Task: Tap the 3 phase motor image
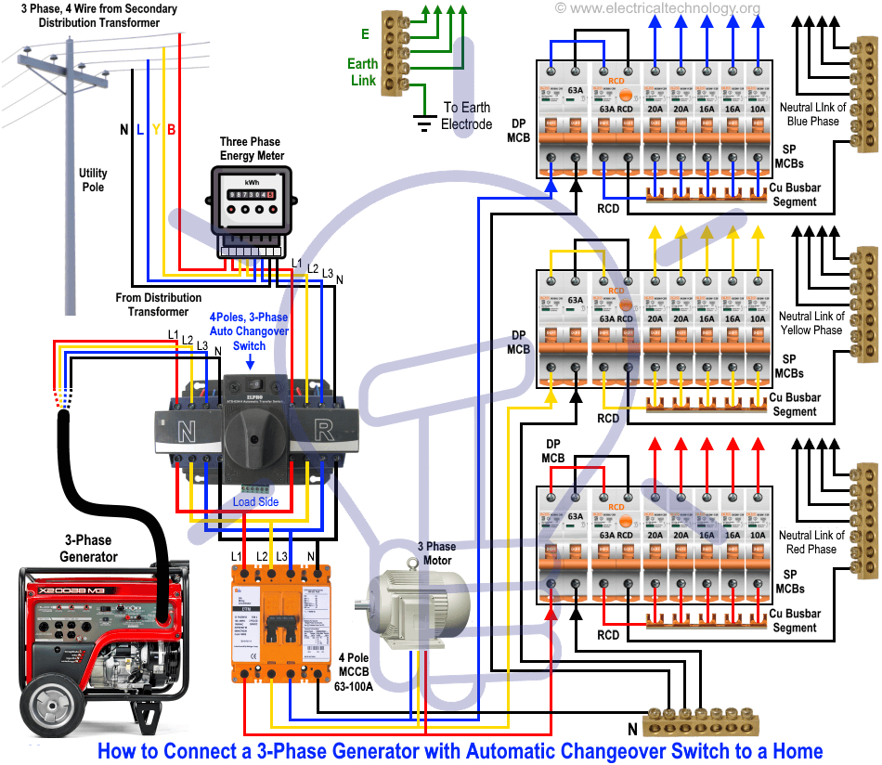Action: [417, 607]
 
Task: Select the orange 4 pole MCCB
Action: [281, 623]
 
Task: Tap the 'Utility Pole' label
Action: [92, 180]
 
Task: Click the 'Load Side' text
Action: [255, 502]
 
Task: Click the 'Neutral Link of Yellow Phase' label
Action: [811, 323]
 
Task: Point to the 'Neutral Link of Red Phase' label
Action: [811, 542]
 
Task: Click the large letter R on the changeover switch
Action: [326, 429]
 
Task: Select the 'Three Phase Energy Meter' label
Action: [252, 149]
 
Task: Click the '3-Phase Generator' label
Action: [88, 549]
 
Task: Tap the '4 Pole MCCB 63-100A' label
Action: [356, 671]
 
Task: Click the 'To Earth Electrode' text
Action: [466, 116]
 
